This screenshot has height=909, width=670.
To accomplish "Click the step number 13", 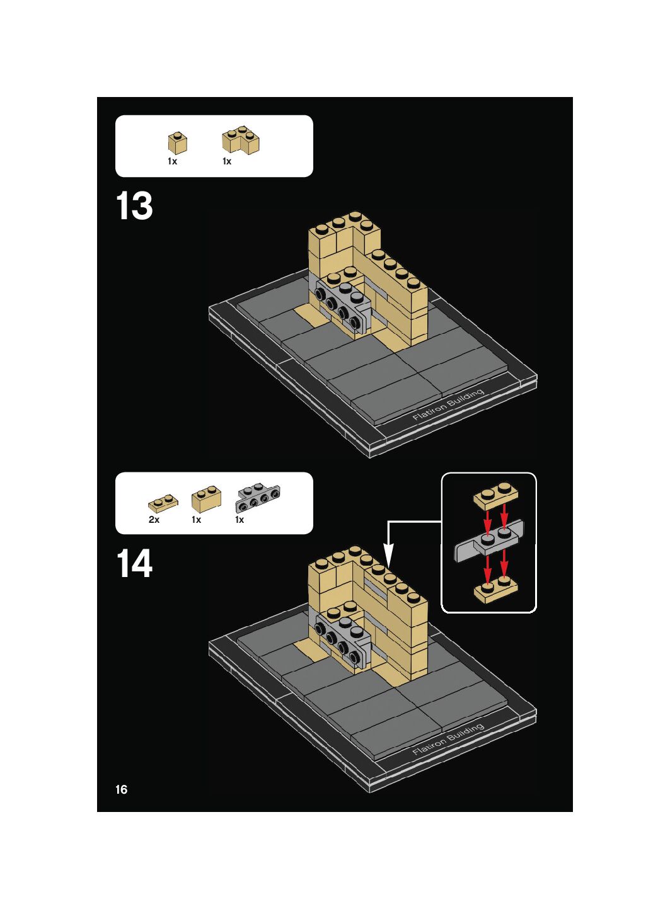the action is coord(134,206).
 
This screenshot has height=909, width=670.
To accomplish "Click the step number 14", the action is coord(134,563).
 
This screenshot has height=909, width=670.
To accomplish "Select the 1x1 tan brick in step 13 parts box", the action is coord(178,143).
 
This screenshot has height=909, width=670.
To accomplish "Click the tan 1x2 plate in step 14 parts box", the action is coord(163,503).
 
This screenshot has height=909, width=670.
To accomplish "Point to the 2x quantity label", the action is coord(154,520).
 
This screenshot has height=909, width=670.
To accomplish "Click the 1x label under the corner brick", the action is coord(227,161).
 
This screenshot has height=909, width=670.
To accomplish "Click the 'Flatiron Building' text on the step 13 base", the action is coord(448,404).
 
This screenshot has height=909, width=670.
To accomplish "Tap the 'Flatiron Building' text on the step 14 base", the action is coord(448,739).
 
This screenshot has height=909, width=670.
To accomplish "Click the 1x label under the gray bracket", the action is coord(240,520).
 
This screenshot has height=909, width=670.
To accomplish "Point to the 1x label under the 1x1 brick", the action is coord(173,161).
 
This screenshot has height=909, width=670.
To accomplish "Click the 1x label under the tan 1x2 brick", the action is coord(197,520).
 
